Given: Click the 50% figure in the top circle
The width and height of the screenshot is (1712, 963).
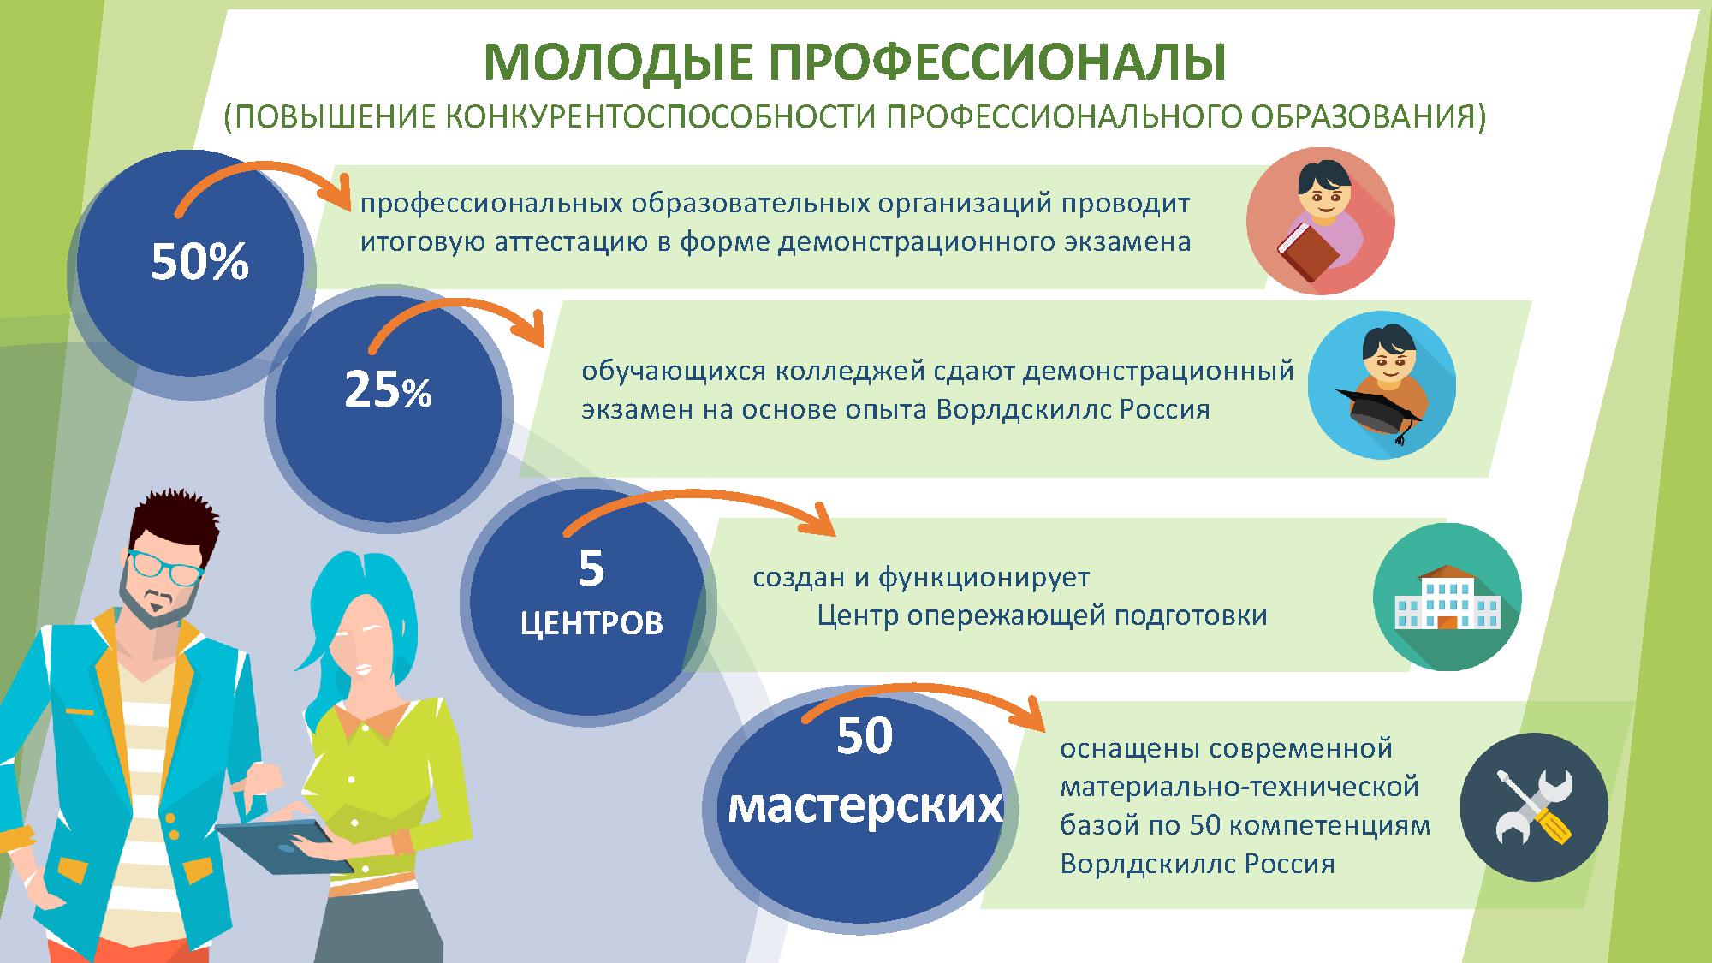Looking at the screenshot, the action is pos(199,262).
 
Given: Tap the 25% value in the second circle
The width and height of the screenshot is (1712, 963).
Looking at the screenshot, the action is pos(388,390).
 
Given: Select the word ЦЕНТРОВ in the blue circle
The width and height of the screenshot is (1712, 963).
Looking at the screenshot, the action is pos(591,623).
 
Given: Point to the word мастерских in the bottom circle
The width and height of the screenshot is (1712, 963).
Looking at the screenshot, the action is pos(865,805).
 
